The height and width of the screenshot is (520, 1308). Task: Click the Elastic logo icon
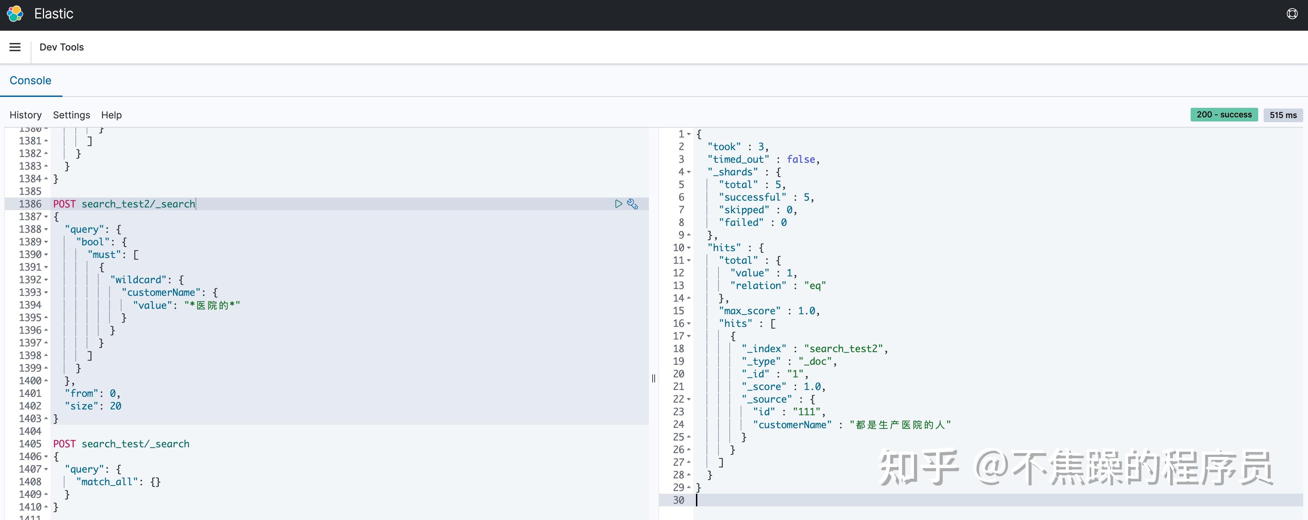tap(15, 14)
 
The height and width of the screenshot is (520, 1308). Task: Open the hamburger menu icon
tap(15, 47)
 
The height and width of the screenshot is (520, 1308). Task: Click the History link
tap(25, 115)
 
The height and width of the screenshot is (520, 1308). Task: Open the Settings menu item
tap(72, 115)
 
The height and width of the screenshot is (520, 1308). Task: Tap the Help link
tap(111, 115)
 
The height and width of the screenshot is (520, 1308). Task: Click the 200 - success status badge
tap(1224, 115)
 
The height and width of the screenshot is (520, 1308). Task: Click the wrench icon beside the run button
tap(633, 204)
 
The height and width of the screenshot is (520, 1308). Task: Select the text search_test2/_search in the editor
tap(138, 204)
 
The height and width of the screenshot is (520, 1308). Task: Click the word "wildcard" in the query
tap(139, 280)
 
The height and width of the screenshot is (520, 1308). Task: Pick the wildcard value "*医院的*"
tap(212, 305)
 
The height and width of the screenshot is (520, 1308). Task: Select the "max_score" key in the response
tap(750, 311)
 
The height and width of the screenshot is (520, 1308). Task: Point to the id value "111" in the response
tap(806, 412)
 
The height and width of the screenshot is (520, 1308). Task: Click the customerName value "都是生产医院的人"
tap(900, 424)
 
